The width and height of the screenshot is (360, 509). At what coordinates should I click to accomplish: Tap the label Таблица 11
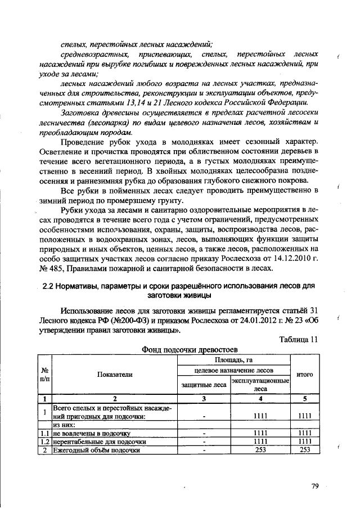click(x=299, y=339)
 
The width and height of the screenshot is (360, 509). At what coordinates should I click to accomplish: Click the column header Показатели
click(x=114, y=375)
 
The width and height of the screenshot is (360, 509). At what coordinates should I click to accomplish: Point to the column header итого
click(x=304, y=374)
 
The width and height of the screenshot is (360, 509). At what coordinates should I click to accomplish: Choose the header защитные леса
click(x=204, y=385)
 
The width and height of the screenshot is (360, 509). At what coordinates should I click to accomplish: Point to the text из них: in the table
click(x=64, y=426)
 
